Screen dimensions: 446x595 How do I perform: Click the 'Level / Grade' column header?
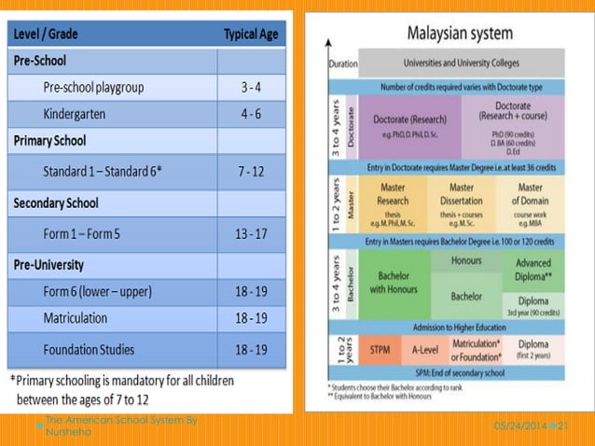click(x=45, y=35)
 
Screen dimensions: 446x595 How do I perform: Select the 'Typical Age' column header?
click(x=251, y=35)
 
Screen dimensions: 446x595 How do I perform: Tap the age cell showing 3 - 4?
click(x=251, y=88)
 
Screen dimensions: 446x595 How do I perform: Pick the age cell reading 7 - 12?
click(x=251, y=173)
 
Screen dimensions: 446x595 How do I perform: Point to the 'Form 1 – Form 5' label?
click(x=82, y=233)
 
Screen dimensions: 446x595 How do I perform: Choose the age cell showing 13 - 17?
click(x=251, y=233)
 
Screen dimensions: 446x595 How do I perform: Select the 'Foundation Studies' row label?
click(x=89, y=350)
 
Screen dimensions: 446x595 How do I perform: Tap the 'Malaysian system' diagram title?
click(x=460, y=34)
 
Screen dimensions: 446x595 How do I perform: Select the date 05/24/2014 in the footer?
click(x=521, y=425)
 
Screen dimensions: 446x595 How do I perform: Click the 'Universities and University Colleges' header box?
click(x=461, y=63)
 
